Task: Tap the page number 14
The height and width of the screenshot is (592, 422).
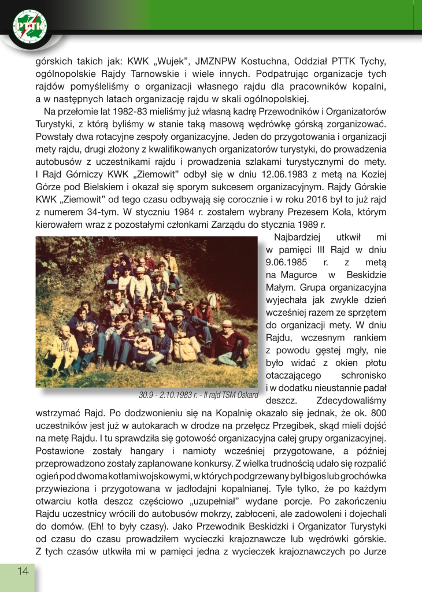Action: click(x=23, y=571)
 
